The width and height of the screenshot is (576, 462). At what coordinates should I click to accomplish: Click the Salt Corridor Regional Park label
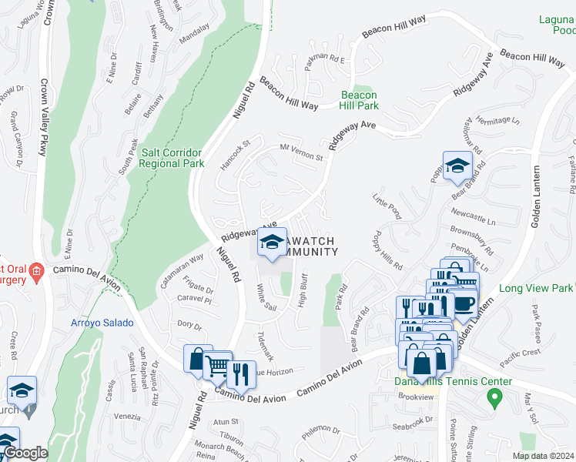172,158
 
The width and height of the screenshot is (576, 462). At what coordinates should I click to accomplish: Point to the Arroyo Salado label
102,323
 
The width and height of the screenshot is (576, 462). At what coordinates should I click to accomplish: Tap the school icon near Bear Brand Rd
457,166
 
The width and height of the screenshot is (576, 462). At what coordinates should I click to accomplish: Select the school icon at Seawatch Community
271,242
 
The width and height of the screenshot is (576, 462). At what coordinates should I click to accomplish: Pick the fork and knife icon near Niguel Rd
241,374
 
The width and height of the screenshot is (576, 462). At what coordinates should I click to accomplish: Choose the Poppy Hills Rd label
387,249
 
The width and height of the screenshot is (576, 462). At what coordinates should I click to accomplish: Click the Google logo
25,453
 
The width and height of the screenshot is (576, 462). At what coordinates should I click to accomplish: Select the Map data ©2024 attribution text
543,456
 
